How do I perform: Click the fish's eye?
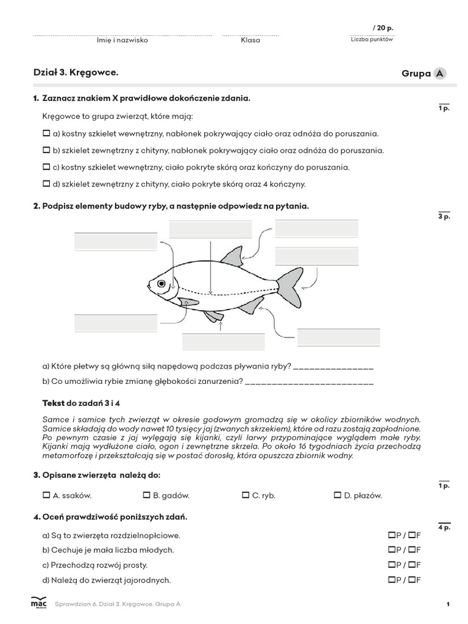tap(161, 283)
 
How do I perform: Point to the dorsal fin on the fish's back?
tap(233, 258)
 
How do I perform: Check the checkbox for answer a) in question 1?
tap(46, 133)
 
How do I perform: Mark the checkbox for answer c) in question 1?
tap(46, 167)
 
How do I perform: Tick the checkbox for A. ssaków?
tap(46, 495)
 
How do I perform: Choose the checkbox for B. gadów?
tap(146, 495)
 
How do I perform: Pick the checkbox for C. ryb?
tap(246, 495)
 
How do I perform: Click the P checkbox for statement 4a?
tap(391, 535)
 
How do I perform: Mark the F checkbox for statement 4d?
tap(412, 580)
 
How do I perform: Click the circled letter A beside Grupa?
tap(439, 74)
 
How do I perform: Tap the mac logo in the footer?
tap(38, 603)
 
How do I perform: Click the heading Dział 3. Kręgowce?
tap(76, 73)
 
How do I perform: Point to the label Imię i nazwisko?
tap(122, 40)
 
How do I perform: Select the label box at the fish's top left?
tap(116, 241)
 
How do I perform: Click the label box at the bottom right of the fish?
tap(338, 338)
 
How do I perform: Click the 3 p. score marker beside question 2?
tap(444, 216)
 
